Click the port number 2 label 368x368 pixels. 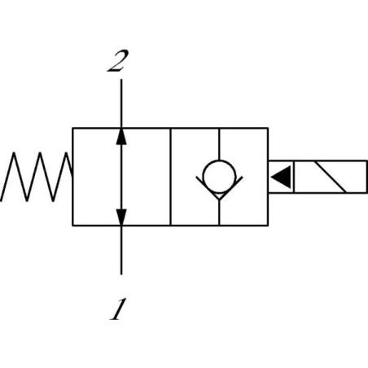(x=117, y=61)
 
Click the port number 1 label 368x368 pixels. (x=118, y=309)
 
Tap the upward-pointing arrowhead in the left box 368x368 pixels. (x=121, y=136)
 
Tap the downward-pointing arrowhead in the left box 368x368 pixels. (x=121, y=217)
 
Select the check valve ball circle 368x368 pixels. (x=219, y=177)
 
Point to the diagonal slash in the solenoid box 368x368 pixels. (x=329, y=177)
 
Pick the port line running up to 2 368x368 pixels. (x=121, y=103)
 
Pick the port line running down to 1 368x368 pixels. (x=121, y=250)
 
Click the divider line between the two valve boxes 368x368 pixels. (x=170, y=177)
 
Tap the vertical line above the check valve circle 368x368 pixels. (x=219, y=144)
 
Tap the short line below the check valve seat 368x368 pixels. (x=219, y=213)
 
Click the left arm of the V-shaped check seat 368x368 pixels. (x=208, y=188)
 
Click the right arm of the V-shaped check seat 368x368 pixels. (x=231, y=188)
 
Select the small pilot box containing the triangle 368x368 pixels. (x=281, y=177)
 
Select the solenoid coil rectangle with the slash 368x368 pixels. (x=331, y=177)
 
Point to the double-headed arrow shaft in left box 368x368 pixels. (x=121, y=177)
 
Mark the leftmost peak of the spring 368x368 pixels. (x=14, y=152)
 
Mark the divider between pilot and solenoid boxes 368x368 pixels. (x=294, y=177)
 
